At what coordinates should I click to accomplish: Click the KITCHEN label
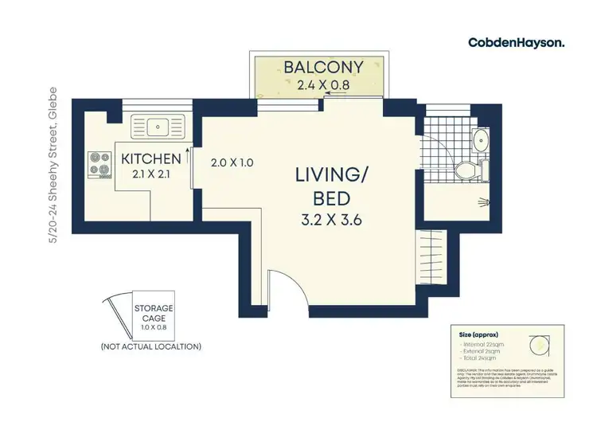point(150,159)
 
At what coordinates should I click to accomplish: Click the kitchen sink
point(159,124)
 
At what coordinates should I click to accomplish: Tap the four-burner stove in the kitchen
point(102,164)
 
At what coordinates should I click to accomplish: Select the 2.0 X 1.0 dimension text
point(232,162)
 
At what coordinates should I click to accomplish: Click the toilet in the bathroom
point(466,169)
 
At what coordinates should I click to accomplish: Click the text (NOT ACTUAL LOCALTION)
point(150,346)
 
